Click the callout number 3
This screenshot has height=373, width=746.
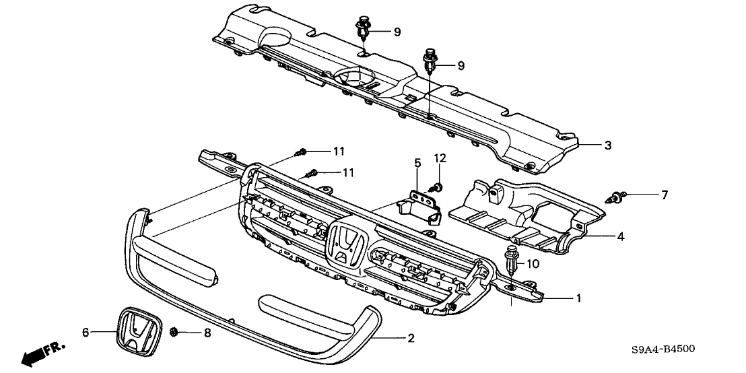[x=608, y=145]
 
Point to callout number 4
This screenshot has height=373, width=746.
[x=620, y=236]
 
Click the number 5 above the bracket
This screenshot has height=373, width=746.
[x=417, y=163]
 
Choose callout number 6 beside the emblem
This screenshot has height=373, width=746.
[x=86, y=331]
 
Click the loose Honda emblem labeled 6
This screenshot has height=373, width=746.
[x=138, y=333]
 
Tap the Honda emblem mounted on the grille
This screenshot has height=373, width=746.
[x=345, y=244]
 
